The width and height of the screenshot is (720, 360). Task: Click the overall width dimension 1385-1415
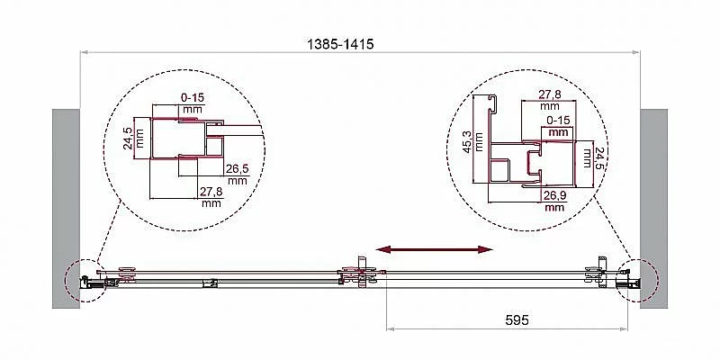(340, 44)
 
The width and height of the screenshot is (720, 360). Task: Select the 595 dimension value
(517, 320)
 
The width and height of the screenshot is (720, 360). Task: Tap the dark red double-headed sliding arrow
(434, 249)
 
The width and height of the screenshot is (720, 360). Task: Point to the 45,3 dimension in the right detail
(467, 140)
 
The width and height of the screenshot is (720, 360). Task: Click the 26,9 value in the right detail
(554, 195)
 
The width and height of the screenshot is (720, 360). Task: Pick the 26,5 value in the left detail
(237, 169)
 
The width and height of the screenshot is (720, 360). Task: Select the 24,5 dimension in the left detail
(128, 139)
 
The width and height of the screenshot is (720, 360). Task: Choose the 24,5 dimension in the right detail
(600, 157)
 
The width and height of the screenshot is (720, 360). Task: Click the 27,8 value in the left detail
(211, 192)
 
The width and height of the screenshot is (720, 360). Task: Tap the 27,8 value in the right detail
(550, 94)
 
